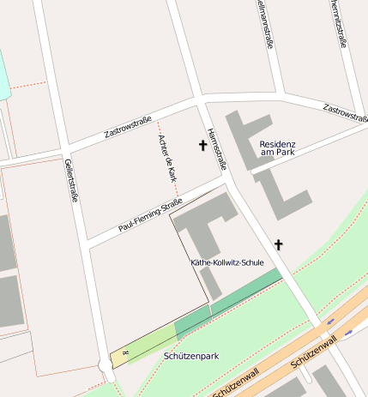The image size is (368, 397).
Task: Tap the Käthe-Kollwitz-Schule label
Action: tap(226, 262)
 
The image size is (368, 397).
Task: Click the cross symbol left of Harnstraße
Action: tap(203, 146)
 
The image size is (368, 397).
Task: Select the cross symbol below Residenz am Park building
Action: tap(278, 244)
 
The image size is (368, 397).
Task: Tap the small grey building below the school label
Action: tap(211, 282)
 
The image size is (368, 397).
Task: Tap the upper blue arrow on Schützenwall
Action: tap(331, 322)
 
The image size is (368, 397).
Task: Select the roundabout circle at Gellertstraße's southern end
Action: tap(106, 365)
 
